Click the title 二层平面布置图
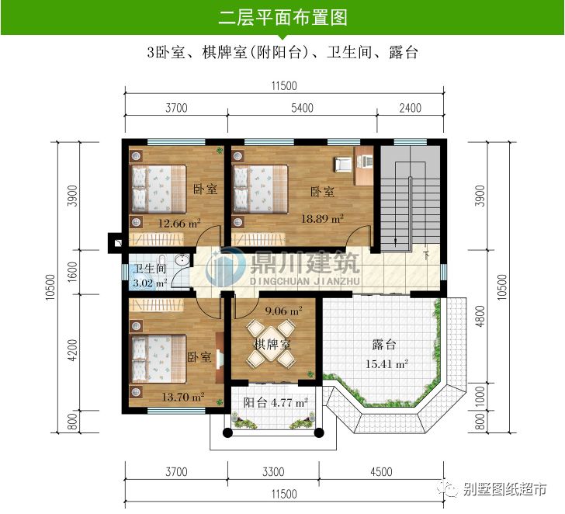282,17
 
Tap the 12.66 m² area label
179,224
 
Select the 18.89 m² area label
322,220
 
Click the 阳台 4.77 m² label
276,402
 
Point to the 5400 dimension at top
302,109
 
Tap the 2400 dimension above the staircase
410,109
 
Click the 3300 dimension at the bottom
273,471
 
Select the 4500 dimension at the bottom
380,471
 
